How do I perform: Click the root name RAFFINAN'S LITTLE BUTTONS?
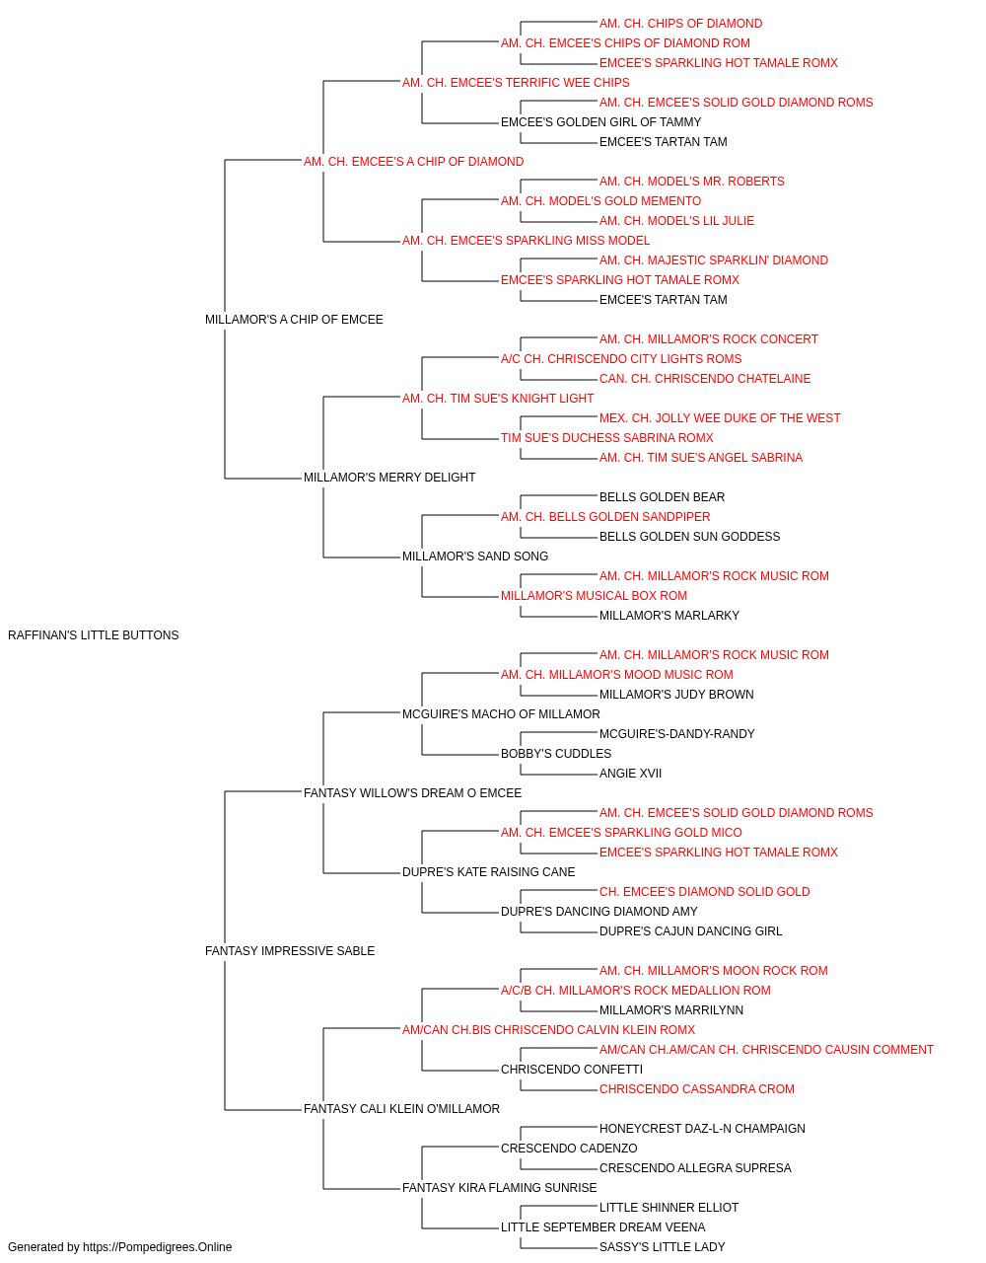94,635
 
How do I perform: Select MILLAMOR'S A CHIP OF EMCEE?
294,320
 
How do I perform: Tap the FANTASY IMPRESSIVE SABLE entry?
290,951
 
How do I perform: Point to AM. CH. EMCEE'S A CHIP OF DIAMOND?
413,162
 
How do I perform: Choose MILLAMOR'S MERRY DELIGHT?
389,478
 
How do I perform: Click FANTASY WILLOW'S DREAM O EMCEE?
412,792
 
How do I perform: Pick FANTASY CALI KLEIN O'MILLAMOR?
401,1108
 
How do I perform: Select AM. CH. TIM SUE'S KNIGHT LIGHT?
498,398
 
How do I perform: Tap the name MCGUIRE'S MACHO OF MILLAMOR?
501,713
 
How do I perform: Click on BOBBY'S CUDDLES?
556,753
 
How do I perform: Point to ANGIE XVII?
630,773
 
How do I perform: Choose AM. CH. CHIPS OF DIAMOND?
680,24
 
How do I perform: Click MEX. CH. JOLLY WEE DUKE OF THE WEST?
720,418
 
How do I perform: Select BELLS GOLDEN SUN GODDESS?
689,537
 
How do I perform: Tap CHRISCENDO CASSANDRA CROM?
696,1088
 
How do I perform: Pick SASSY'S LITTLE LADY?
662,1247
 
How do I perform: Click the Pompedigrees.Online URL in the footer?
157,1247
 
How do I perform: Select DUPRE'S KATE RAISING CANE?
488,872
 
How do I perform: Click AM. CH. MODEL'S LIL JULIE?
676,221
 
